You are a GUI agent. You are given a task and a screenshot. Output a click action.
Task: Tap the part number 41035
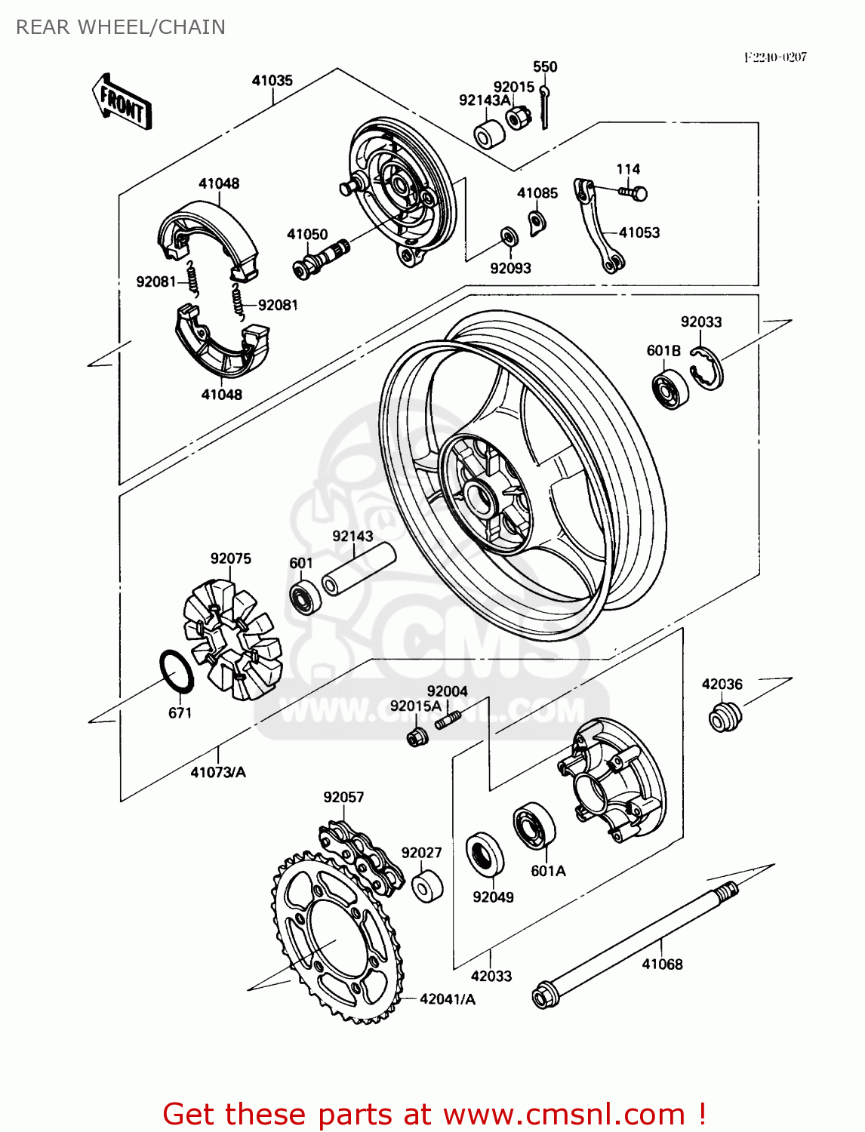[x=272, y=81]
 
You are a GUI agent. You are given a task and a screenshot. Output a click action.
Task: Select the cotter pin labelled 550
[x=546, y=106]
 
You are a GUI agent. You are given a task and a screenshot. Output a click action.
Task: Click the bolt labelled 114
[x=633, y=193]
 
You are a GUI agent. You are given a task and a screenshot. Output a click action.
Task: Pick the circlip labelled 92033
[x=707, y=368]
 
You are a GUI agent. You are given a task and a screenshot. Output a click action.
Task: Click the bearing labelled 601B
[x=670, y=389]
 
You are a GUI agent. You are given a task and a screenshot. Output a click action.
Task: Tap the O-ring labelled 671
[x=177, y=671]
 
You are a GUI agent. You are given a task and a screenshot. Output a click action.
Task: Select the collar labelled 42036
[x=725, y=716]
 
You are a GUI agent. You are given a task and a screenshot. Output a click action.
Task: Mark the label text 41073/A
[x=218, y=772]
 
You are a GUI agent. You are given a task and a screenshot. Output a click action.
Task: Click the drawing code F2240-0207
[x=775, y=57]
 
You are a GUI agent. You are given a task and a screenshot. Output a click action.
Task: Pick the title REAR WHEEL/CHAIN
[x=121, y=27]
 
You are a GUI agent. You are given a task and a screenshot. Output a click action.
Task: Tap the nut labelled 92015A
[x=417, y=737]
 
